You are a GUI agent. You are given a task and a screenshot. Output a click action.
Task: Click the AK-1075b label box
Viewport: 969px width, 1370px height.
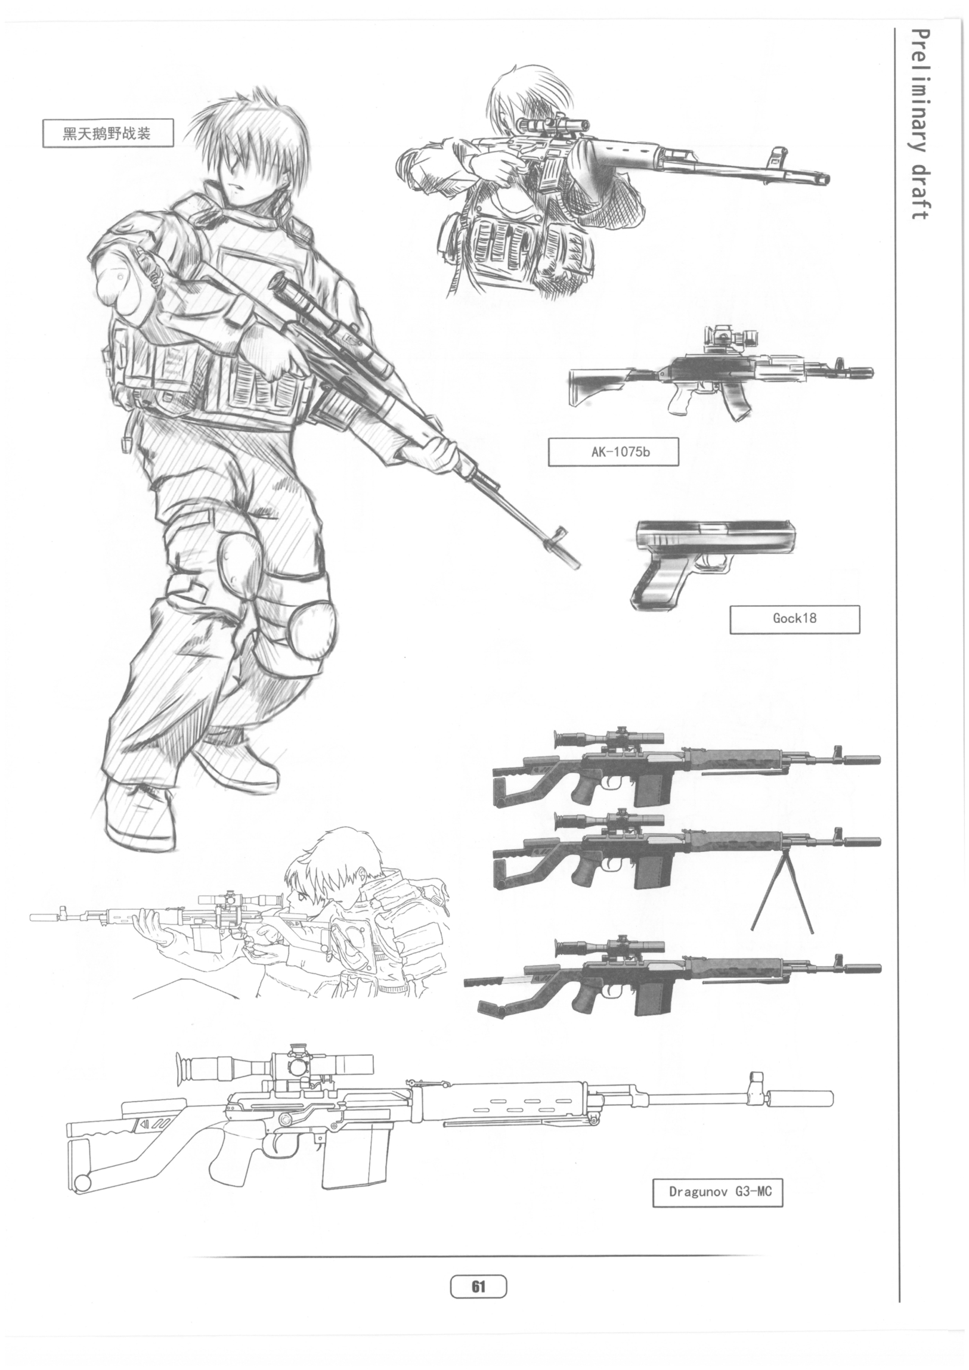pos(614,452)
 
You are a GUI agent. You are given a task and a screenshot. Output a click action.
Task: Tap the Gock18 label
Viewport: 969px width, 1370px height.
pos(795,619)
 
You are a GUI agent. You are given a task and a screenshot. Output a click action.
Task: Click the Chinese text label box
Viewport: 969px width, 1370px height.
pos(108,133)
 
